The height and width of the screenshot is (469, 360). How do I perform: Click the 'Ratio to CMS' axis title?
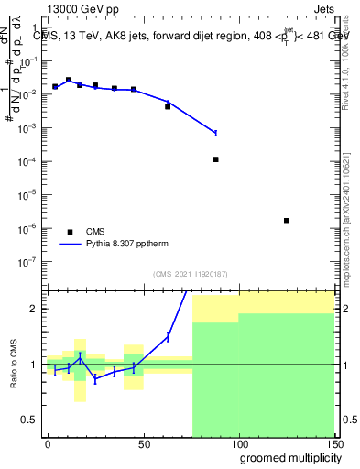pos(15,365)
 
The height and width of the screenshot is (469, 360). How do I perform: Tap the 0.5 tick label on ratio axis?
pos(28,420)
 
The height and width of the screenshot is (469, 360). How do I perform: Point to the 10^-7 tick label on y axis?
pos(27,261)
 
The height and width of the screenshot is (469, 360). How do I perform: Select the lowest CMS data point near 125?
pos(287,221)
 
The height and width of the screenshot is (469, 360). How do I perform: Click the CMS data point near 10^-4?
pos(215,159)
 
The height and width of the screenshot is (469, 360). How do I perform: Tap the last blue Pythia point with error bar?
pos(215,133)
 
